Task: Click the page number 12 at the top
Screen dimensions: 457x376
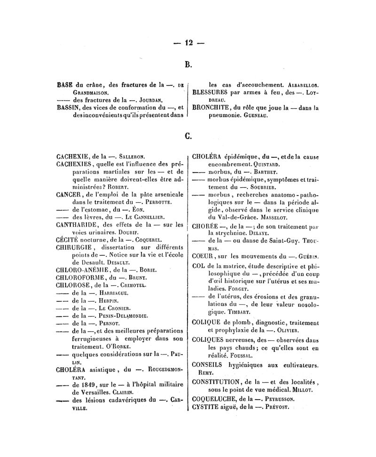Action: (189, 43)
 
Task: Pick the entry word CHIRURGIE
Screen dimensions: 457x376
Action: (73, 247)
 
